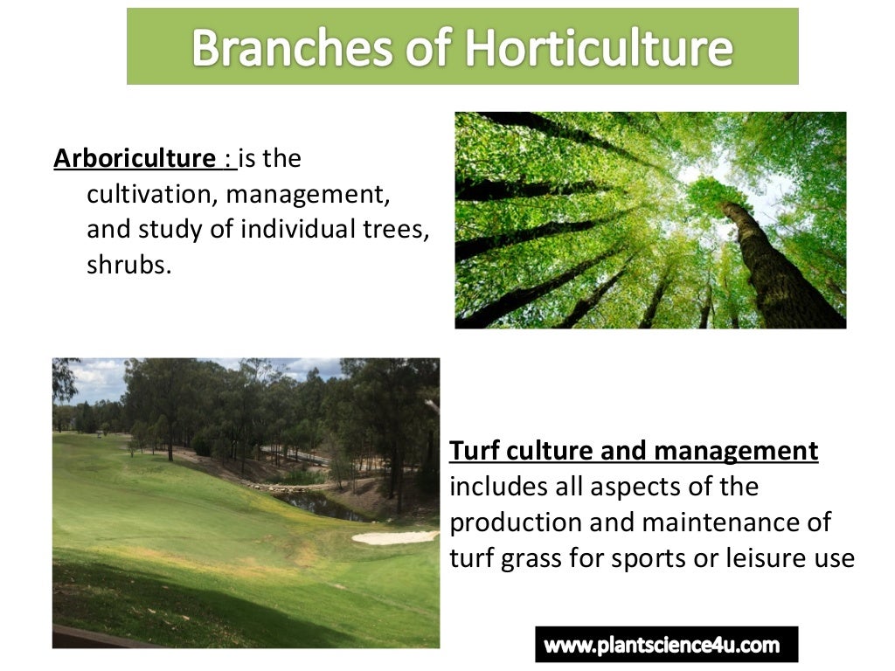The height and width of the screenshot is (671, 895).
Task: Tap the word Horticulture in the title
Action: [x=599, y=48]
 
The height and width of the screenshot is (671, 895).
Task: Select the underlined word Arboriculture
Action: [x=135, y=159]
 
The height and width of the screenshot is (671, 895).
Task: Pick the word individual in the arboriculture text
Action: [x=295, y=229]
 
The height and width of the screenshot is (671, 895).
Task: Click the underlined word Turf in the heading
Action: [x=475, y=451]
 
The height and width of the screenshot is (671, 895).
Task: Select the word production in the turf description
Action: [x=512, y=522]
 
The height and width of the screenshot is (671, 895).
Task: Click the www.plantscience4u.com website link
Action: [x=662, y=646]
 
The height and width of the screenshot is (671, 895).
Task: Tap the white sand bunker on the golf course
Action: [x=393, y=537]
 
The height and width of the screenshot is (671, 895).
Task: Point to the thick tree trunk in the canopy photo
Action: [x=769, y=262]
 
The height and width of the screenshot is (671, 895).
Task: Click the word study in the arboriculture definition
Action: [x=158, y=229]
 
